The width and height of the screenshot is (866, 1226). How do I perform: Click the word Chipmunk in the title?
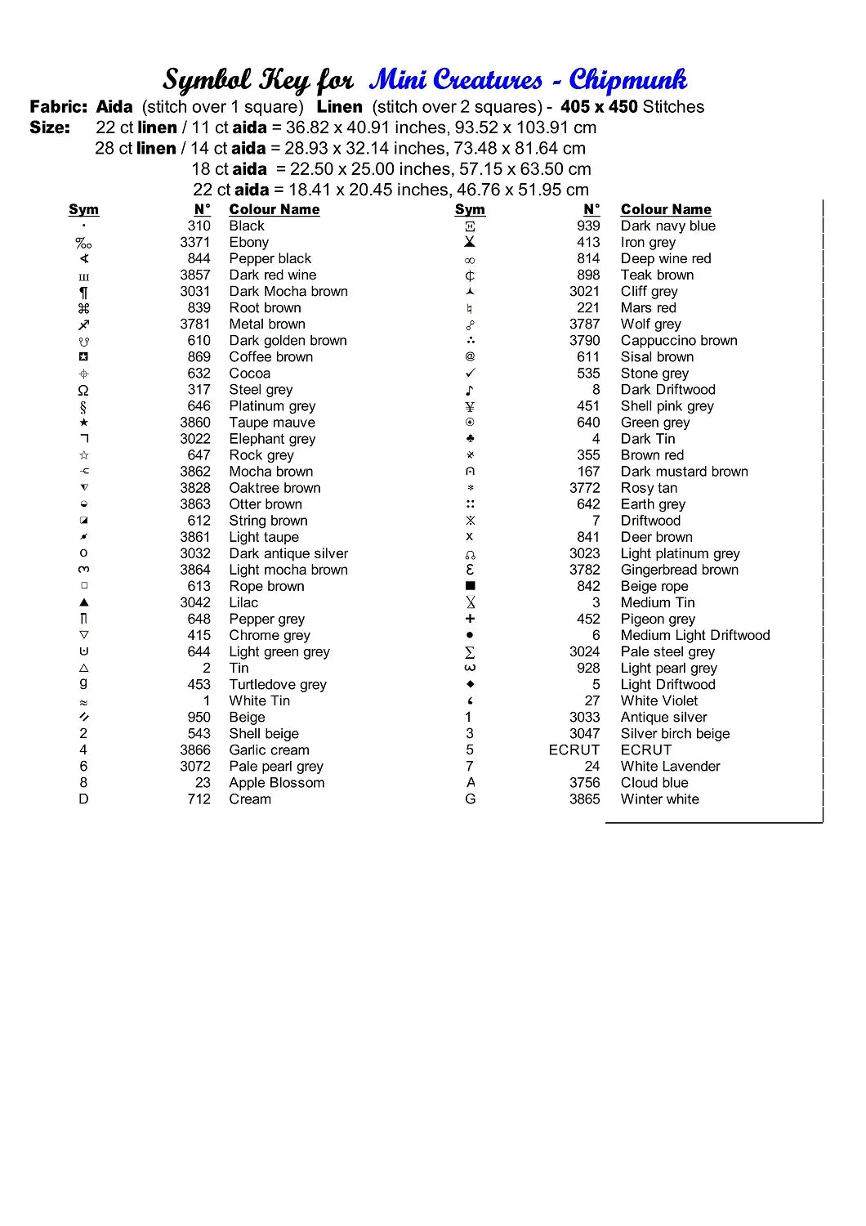click(627, 80)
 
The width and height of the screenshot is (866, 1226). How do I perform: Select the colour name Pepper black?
click(270, 258)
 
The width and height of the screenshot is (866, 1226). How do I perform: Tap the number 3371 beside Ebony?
click(195, 242)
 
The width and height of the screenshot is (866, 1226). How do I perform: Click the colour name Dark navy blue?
click(667, 226)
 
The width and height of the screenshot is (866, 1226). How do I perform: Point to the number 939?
click(588, 226)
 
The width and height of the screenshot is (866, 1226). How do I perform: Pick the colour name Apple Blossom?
click(276, 782)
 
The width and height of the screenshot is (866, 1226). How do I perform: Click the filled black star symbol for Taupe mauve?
click(83, 423)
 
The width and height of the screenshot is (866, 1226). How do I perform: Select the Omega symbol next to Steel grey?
click(83, 390)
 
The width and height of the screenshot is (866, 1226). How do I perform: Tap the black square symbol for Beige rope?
click(470, 586)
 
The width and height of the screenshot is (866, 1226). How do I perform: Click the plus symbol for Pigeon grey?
click(470, 619)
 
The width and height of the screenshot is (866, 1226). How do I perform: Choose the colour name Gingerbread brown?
click(679, 570)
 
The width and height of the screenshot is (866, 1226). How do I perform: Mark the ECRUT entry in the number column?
click(574, 749)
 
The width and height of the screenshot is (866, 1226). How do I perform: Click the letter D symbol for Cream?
click(83, 799)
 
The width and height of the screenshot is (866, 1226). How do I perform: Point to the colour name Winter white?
click(659, 799)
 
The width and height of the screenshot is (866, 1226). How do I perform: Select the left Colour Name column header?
click(274, 209)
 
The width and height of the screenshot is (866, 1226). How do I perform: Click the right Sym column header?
click(470, 209)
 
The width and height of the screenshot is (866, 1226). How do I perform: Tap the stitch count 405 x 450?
click(598, 107)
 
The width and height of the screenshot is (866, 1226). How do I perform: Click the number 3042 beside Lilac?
click(195, 602)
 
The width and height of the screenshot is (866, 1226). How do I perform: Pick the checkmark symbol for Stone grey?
click(470, 374)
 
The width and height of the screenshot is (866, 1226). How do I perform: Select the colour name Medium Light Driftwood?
click(694, 635)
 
